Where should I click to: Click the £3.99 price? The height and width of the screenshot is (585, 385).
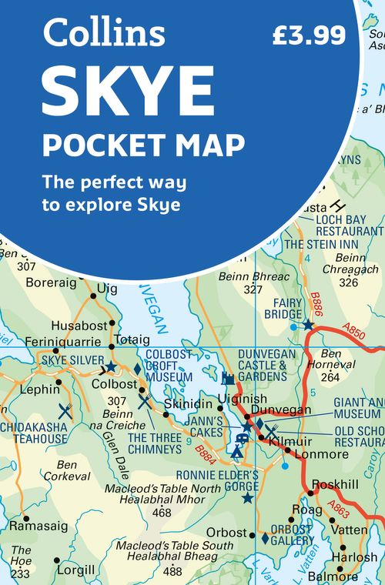click(309, 35)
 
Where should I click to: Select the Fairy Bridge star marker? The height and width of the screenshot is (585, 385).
click(308, 325)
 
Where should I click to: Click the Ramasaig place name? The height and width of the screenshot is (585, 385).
click(38, 526)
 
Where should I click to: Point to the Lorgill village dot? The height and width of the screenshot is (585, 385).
click(56, 560)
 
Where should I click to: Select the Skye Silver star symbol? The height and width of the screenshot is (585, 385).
click(111, 367)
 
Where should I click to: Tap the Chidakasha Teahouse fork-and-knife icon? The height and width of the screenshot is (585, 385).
click(65, 411)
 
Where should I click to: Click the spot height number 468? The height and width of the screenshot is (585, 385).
click(162, 513)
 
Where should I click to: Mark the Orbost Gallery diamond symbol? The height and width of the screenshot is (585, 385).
click(265, 539)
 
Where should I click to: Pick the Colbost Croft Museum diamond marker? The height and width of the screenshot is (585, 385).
click(138, 368)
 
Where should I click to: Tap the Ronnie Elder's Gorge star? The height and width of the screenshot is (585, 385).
click(247, 498)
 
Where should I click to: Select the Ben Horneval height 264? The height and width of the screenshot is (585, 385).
click(330, 377)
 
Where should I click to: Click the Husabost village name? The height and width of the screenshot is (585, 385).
click(77, 326)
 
